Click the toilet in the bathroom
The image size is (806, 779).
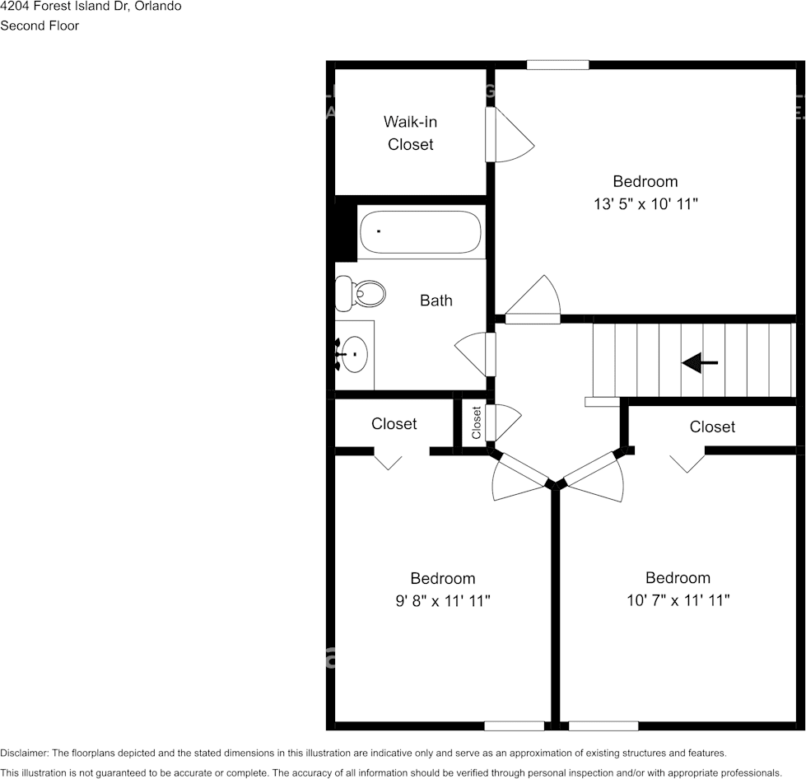tap(361, 292)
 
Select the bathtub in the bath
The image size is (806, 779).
tap(420, 233)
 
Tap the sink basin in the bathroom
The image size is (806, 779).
tap(355, 355)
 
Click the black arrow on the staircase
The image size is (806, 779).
tap(700, 362)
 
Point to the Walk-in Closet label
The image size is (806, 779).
tap(410, 133)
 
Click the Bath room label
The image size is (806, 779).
tap(436, 301)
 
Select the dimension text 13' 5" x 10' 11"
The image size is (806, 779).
tap(645, 203)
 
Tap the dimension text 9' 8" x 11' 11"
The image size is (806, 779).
tap(442, 601)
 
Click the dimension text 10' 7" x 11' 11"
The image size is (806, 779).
tap(678, 600)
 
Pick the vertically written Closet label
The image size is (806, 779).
tap(476, 423)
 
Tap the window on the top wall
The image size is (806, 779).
tap(557, 64)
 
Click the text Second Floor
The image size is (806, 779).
tap(40, 26)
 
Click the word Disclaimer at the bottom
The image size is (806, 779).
tap(24, 753)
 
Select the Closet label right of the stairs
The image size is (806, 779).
tap(712, 427)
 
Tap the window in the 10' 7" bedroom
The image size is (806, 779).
tap(603, 725)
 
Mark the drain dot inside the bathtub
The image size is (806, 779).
tap(378, 231)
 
